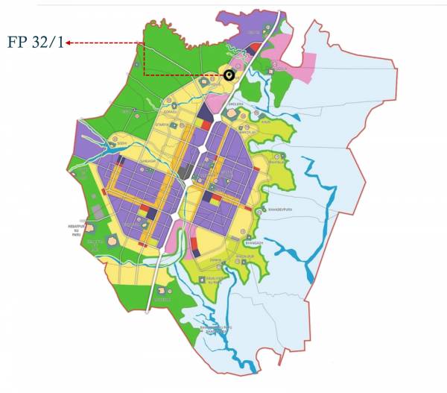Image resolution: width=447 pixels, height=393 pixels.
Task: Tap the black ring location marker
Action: click(229, 75)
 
